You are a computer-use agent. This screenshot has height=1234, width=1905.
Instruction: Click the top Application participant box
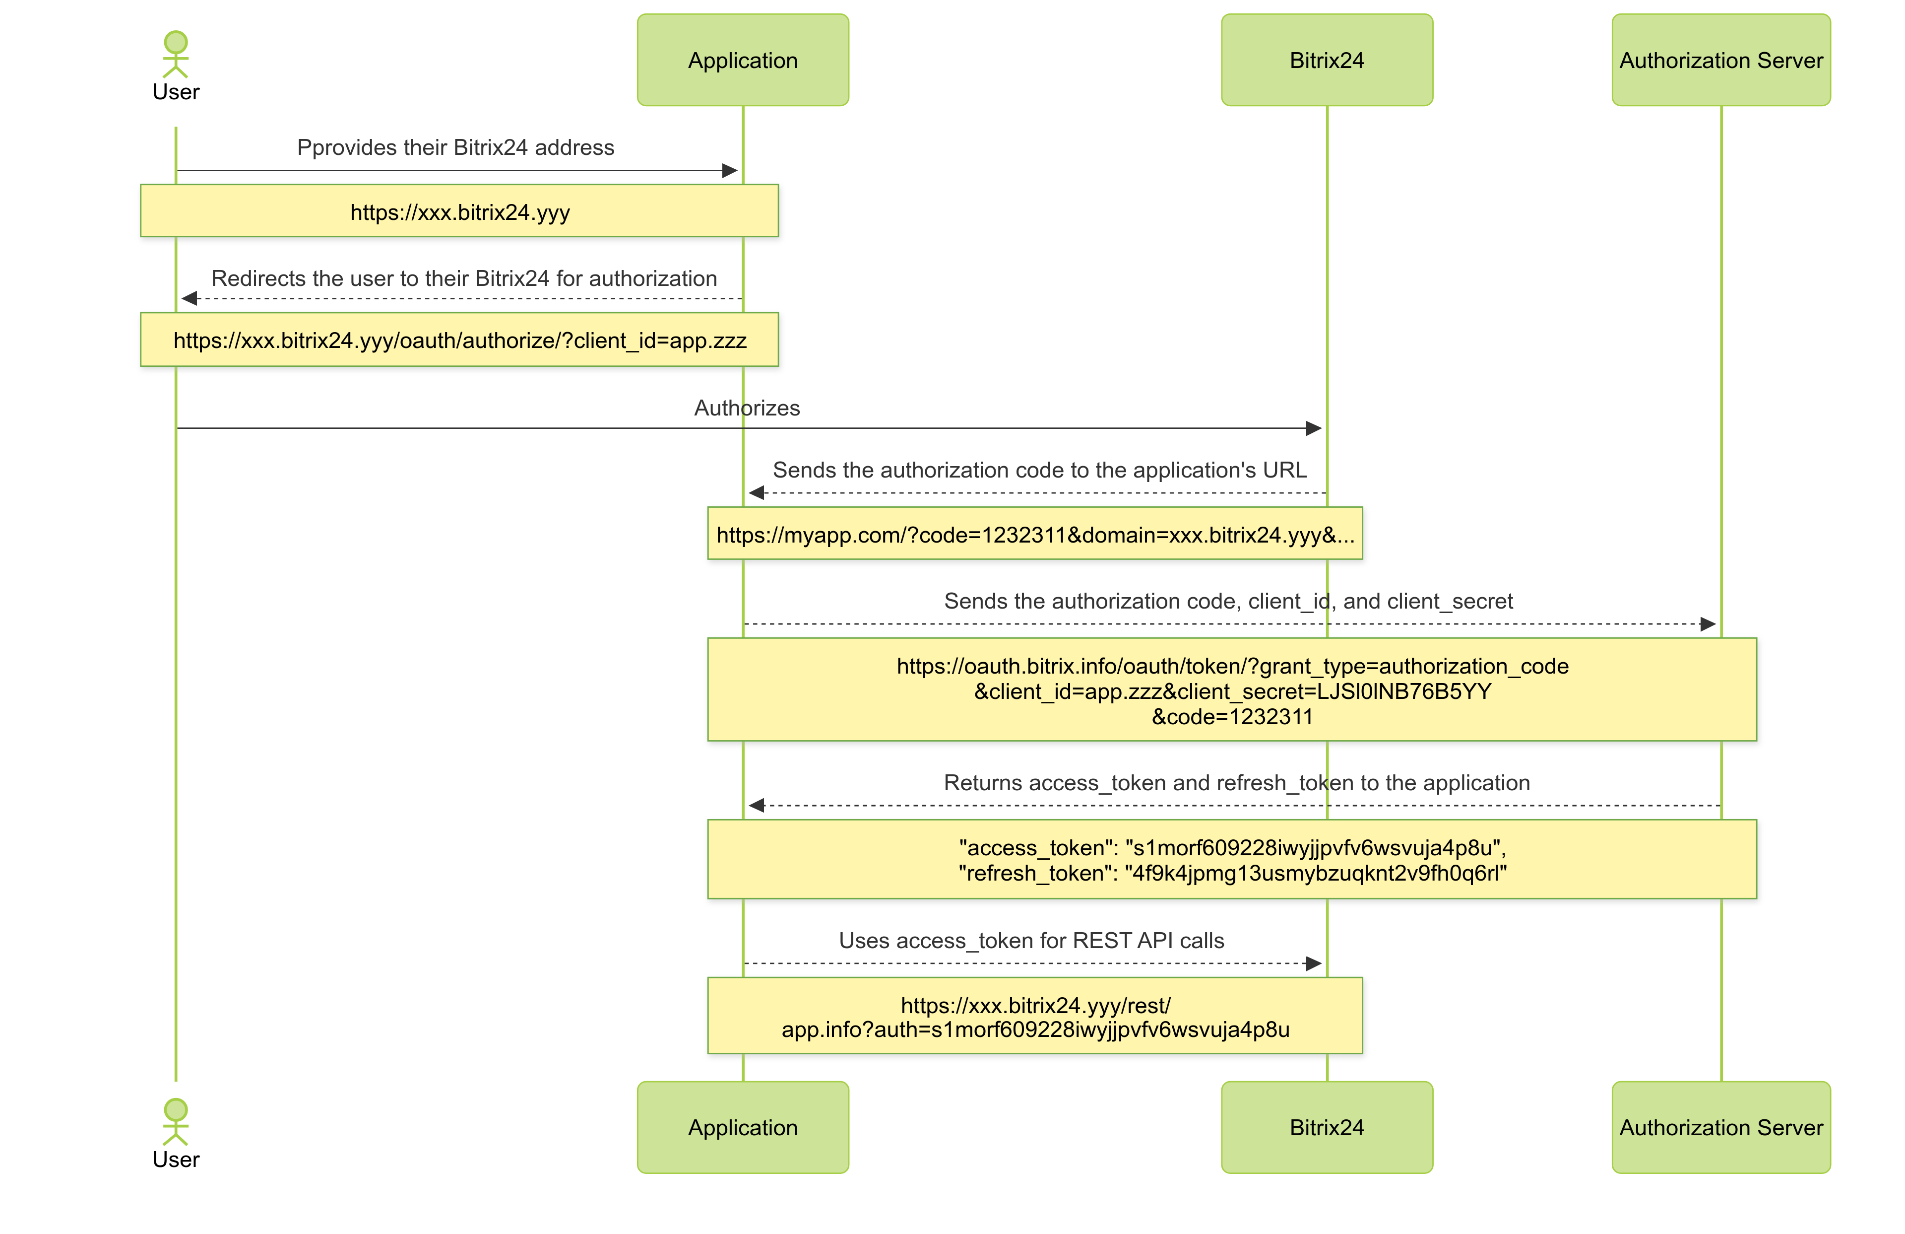[x=742, y=60]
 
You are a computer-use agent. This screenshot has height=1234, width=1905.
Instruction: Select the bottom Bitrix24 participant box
[x=1326, y=1127]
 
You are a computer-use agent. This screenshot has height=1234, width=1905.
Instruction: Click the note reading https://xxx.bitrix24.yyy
[x=459, y=211]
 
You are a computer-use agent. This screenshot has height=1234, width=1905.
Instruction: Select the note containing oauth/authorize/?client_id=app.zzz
[x=459, y=341]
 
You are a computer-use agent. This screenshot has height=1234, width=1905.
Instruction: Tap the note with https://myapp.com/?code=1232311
[x=1034, y=534]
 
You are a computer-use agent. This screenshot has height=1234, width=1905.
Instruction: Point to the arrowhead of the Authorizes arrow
[x=1314, y=428]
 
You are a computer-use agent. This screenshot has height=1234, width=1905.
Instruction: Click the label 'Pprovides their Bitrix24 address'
[x=455, y=147]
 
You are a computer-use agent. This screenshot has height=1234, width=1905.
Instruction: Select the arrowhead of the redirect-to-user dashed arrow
[x=190, y=299]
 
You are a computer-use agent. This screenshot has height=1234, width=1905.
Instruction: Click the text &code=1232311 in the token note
[x=1232, y=717]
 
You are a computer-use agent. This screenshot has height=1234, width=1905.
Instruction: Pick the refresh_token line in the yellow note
[x=1232, y=873]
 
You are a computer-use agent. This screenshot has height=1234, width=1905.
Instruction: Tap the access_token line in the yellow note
[x=1232, y=847]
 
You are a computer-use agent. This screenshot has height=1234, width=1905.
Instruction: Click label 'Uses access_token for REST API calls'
[x=1031, y=940]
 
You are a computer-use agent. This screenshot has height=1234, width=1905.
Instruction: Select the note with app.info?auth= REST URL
[x=1034, y=1016]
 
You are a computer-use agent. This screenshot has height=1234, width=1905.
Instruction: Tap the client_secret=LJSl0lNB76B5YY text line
[x=1232, y=691]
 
